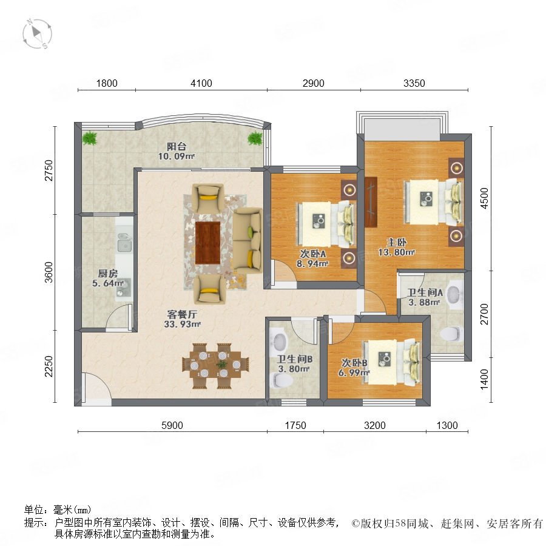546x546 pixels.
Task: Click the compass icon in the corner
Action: [37, 34]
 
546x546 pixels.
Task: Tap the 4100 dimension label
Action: [201, 83]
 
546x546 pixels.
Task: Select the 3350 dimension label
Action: [414, 83]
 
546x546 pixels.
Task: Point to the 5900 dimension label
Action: [172, 425]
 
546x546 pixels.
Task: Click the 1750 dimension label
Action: [295, 425]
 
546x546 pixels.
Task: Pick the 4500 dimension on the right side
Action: [484, 198]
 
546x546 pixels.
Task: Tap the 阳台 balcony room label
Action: [176, 147]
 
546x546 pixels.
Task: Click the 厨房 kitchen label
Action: [107, 274]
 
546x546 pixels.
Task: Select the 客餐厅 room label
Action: [182, 314]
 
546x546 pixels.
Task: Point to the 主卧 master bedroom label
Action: [396, 242]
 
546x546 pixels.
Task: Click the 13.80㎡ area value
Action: [396, 252]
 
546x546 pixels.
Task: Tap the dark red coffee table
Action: [207, 243]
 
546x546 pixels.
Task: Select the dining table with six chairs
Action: [216, 366]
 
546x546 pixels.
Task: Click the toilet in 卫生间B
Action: [281, 380]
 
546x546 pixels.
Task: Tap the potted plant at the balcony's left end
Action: [90, 138]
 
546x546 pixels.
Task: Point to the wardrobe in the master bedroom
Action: [371, 202]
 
